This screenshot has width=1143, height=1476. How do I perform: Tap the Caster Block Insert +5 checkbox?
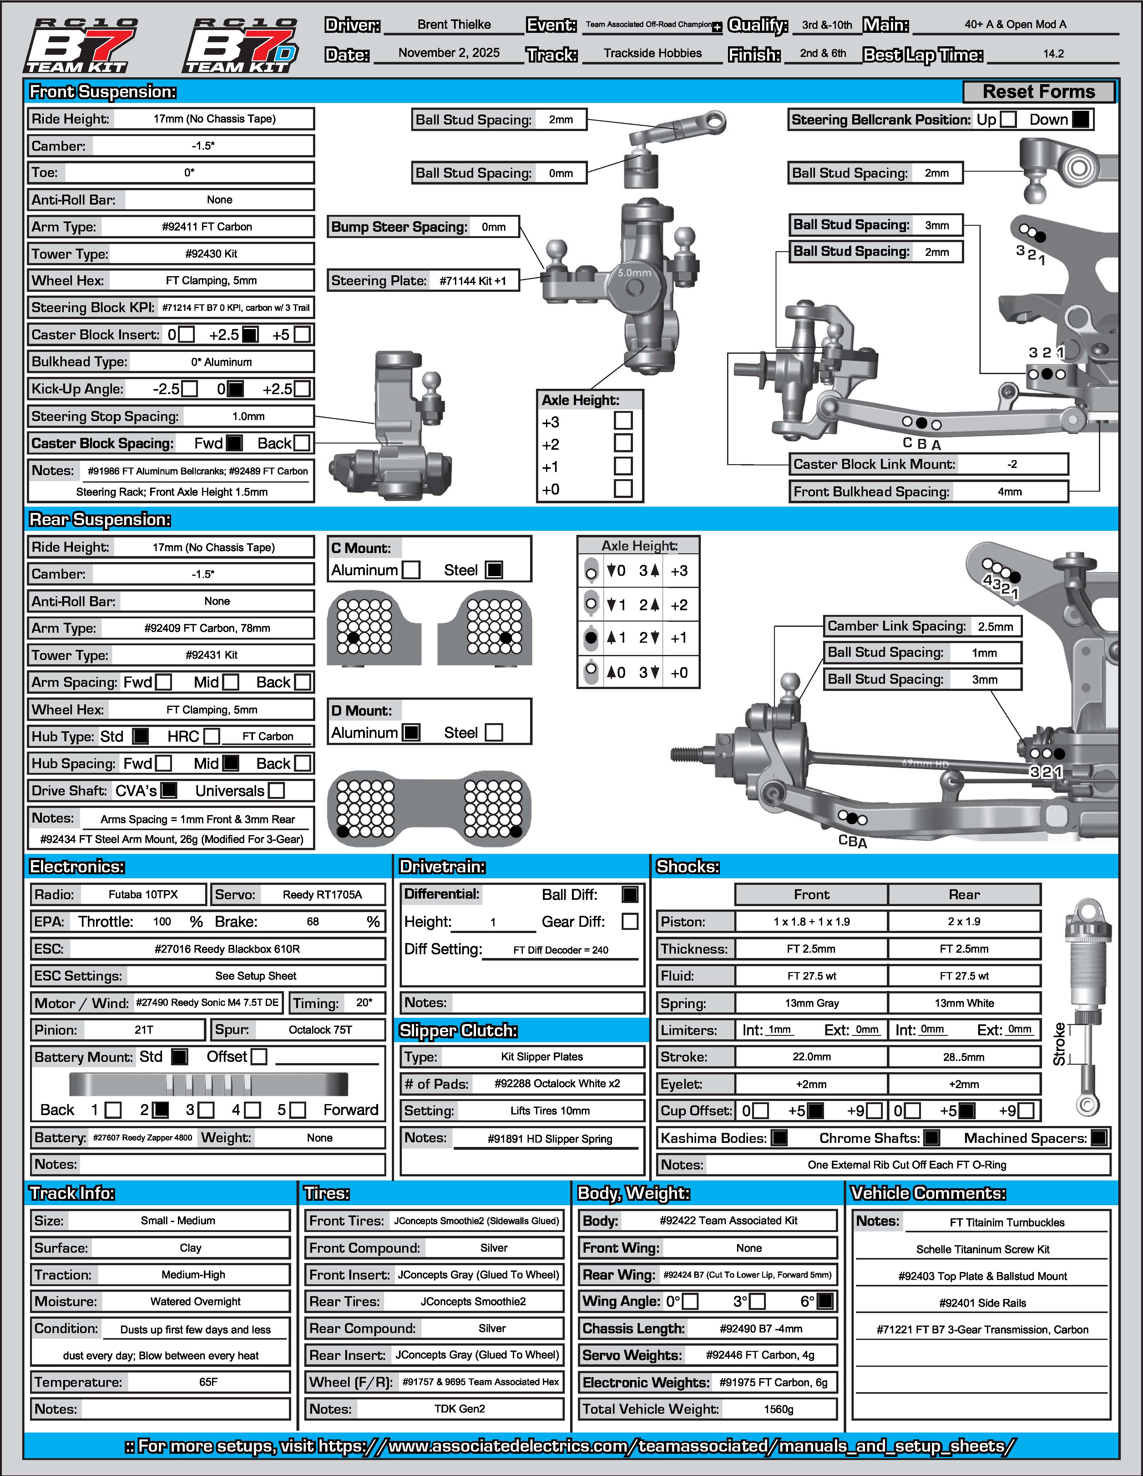click(x=302, y=335)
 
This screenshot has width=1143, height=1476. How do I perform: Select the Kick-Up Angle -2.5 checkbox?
click(x=190, y=389)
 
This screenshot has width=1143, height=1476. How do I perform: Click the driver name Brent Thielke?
click(x=454, y=25)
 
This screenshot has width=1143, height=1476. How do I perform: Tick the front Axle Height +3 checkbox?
click(x=623, y=421)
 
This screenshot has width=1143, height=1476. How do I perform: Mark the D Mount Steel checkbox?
click(x=494, y=733)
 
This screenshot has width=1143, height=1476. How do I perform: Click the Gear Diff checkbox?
click(x=630, y=921)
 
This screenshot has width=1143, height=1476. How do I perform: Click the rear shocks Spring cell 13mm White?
click(x=964, y=1003)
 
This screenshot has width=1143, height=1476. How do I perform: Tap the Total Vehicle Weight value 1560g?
click(x=778, y=1409)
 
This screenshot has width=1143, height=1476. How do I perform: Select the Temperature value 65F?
click(x=208, y=1382)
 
